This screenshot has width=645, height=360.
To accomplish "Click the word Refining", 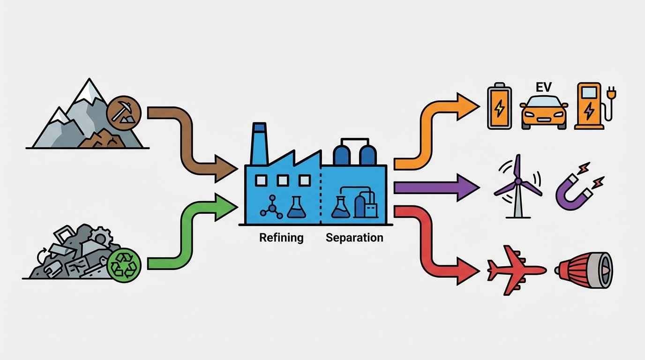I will (281, 238).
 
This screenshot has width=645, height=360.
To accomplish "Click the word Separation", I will (354, 238).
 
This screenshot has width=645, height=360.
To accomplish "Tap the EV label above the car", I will (543, 87).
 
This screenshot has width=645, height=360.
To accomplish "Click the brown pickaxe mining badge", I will (123, 113).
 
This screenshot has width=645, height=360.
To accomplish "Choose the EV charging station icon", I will (589, 106).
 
